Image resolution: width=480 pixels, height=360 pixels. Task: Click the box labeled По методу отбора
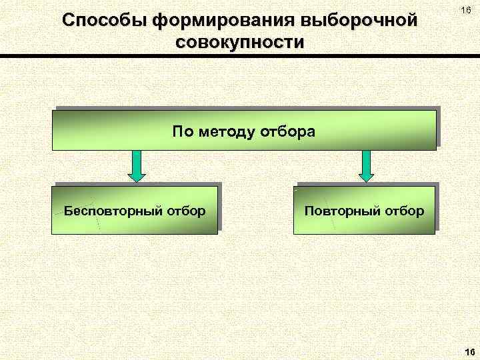pyautogui.click(x=244, y=131)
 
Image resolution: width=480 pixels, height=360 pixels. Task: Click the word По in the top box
pyautogui.click(x=181, y=131)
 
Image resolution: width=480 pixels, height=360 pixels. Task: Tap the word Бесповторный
pyautogui.click(x=110, y=211)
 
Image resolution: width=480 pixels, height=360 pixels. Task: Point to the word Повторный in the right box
pyautogui.click(x=338, y=211)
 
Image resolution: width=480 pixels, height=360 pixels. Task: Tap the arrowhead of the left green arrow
pyautogui.click(x=136, y=176)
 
